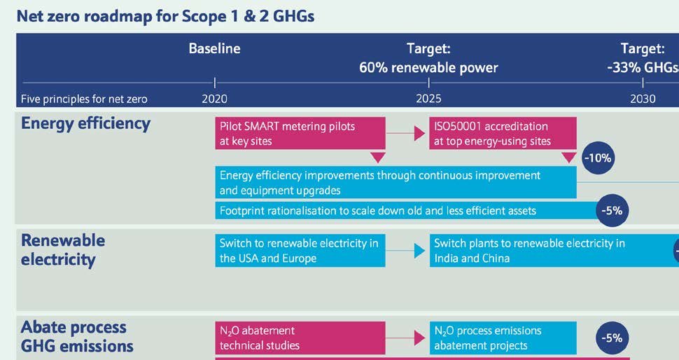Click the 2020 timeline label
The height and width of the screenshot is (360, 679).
coord(214,99)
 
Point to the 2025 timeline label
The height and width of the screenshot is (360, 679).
coord(428,99)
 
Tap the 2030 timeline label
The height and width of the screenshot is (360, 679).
coord(642,99)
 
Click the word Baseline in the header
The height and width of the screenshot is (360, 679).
coord(214,49)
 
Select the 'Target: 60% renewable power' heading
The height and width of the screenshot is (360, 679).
coord(428,58)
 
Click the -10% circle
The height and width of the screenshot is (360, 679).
coord(597,158)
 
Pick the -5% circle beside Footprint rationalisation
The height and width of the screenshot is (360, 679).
coord(612,210)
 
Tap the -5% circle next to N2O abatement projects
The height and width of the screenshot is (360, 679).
coord(612,338)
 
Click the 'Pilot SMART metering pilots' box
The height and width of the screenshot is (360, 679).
coord(300,134)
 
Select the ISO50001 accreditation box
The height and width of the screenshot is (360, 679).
coord(503,134)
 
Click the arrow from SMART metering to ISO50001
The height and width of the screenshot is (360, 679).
coord(407,133)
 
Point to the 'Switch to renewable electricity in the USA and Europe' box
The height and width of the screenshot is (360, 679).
coord(300,251)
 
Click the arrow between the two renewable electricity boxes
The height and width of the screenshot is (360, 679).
coord(407,250)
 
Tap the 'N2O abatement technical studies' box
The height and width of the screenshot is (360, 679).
coord(300,338)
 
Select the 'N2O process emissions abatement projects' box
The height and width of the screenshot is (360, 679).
coord(503,338)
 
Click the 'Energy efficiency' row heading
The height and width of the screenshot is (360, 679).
coord(85,124)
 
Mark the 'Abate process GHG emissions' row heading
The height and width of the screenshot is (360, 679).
coord(77,336)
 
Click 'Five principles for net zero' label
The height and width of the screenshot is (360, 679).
coord(84,99)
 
